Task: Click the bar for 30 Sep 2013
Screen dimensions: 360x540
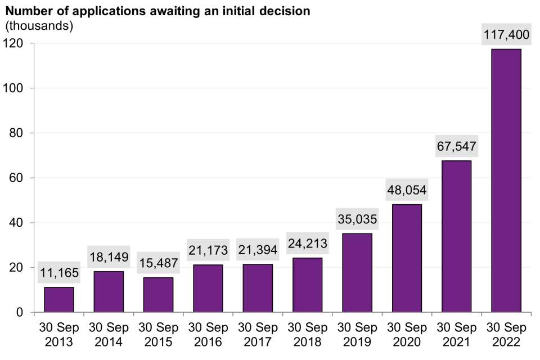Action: pyautogui.click(x=59, y=300)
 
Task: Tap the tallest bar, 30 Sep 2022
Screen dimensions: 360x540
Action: pyautogui.click(x=506, y=181)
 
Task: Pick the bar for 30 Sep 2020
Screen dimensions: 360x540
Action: pyautogui.click(x=407, y=258)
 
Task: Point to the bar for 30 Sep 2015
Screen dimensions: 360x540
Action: pyautogui.click(x=158, y=295)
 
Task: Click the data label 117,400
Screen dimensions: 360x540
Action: pyautogui.click(x=506, y=35)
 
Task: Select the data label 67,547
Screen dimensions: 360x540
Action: pyautogui.click(x=456, y=146)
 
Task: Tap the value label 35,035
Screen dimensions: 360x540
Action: pyautogui.click(x=357, y=219)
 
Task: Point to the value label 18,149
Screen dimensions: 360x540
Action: pyautogui.click(x=109, y=258)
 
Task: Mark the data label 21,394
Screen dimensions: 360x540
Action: pyautogui.click(x=258, y=250)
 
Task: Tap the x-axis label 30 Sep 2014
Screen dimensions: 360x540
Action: pyautogui.click(x=109, y=335)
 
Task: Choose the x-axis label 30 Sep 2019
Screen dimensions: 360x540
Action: pyautogui.click(x=357, y=335)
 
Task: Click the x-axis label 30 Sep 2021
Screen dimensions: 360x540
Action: pyautogui.click(x=456, y=335)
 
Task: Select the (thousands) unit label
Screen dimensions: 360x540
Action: pyautogui.click(x=39, y=26)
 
